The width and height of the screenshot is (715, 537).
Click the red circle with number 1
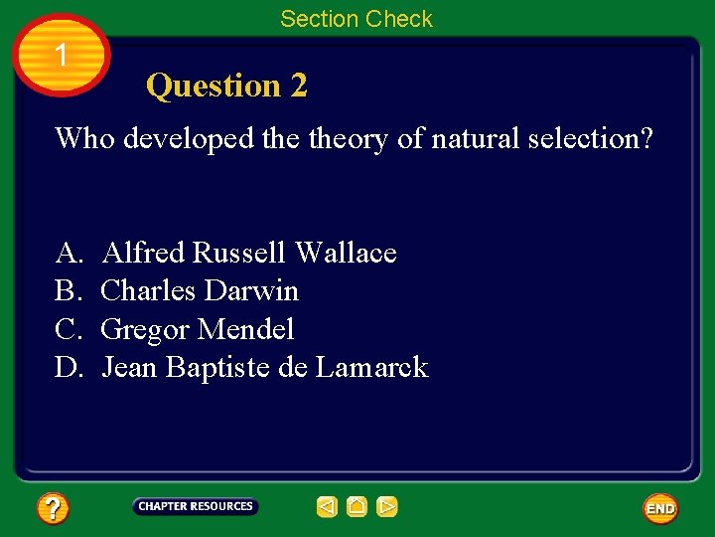(x=61, y=56)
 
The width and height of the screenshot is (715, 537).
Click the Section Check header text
(x=357, y=19)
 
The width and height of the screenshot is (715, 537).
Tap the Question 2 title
(x=226, y=87)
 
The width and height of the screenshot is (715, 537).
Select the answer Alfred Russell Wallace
(x=249, y=254)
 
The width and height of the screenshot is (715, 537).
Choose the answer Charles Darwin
(x=200, y=291)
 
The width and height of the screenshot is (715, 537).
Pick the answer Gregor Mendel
(x=198, y=329)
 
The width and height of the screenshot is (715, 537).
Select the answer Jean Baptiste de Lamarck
(x=265, y=368)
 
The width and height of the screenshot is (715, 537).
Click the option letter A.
(x=68, y=254)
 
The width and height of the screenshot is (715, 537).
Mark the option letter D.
(x=68, y=368)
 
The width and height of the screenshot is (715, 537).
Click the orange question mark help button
(x=53, y=509)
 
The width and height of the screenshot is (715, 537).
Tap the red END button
(x=660, y=508)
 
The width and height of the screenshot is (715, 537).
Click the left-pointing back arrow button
(x=327, y=507)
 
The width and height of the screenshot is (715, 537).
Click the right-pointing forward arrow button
(x=387, y=507)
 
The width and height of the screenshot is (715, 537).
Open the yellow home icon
(x=357, y=507)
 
